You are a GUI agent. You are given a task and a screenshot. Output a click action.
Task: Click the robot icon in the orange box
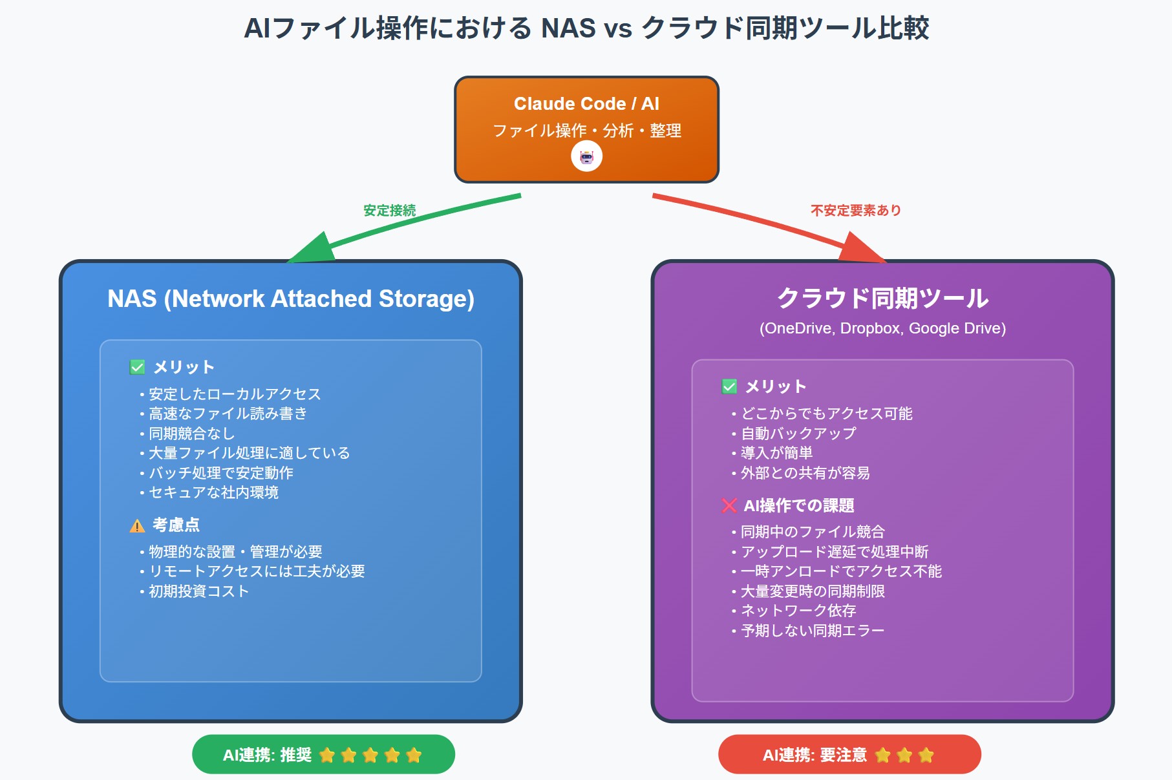(x=586, y=157)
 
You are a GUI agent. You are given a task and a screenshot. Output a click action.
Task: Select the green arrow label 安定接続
(x=389, y=211)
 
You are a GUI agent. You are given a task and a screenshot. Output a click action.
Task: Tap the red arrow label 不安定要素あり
(x=855, y=211)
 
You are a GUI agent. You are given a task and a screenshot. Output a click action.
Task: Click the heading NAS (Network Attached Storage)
(x=291, y=299)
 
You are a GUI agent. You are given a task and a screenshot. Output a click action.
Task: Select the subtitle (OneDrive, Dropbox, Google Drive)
(x=882, y=328)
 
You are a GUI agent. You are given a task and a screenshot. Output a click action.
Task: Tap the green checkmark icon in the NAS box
(x=138, y=368)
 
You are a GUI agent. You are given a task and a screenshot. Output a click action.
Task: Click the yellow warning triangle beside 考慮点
(x=137, y=526)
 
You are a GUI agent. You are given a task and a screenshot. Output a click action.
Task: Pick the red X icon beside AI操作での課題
(x=729, y=506)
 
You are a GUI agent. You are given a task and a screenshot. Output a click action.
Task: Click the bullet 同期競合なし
(x=191, y=434)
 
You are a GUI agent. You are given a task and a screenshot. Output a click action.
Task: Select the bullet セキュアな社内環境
(x=213, y=492)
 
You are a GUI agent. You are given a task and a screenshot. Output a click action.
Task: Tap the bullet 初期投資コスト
(x=198, y=591)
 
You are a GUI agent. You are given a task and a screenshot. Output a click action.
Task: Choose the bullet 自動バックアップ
(x=798, y=434)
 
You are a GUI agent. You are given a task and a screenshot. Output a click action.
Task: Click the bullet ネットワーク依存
(x=798, y=611)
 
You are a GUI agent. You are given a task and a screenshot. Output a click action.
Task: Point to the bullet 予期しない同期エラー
(x=812, y=631)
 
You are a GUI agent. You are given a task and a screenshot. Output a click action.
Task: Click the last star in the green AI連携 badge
(x=414, y=755)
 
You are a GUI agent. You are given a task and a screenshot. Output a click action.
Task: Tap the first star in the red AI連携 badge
(x=882, y=755)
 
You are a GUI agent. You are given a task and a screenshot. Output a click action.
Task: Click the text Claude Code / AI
(x=586, y=103)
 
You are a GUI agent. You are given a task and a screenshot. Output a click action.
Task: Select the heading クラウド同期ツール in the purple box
(x=882, y=299)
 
